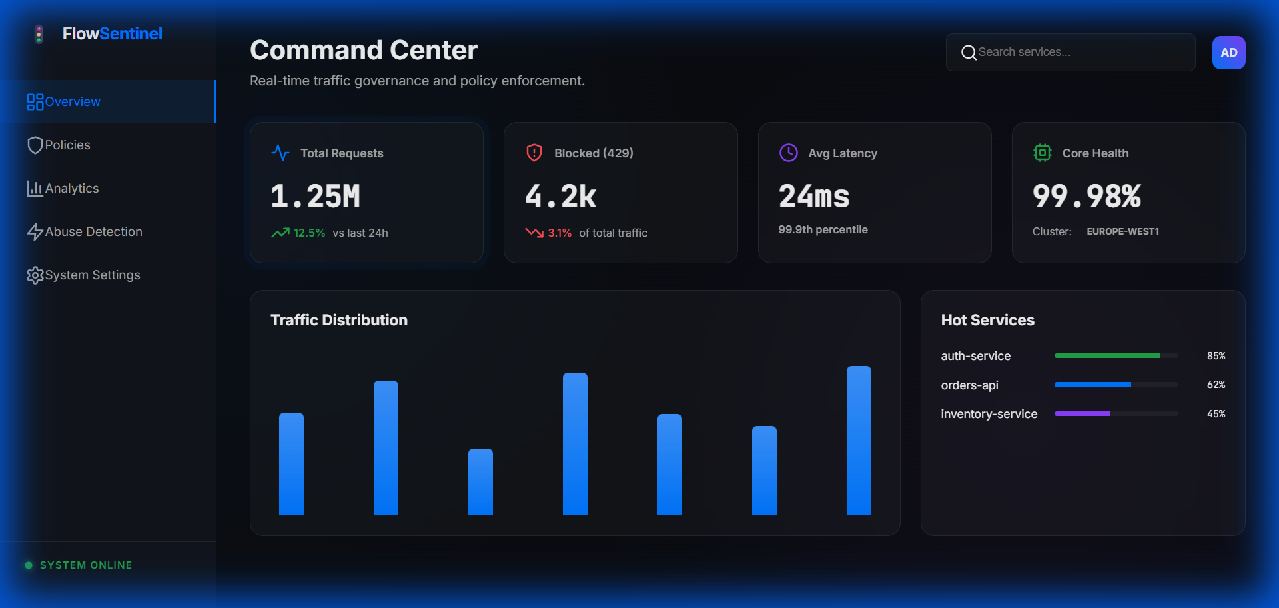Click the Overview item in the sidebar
point(72,102)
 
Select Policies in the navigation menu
point(67,145)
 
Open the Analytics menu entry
point(71,189)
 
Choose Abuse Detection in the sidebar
point(93,232)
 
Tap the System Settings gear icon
point(35,275)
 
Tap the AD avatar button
point(1228,53)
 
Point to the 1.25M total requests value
point(315,196)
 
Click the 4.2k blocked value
point(560,196)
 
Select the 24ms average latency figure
point(814,196)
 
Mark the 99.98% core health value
point(1086,196)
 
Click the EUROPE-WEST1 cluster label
point(1122,231)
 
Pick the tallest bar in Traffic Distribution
point(859,440)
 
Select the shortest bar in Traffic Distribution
point(480,481)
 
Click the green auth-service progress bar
point(1106,356)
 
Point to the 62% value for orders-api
point(1216,385)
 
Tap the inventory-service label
point(989,414)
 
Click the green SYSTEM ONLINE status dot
point(29,565)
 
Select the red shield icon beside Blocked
point(534,153)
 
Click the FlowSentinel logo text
point(112,34)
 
